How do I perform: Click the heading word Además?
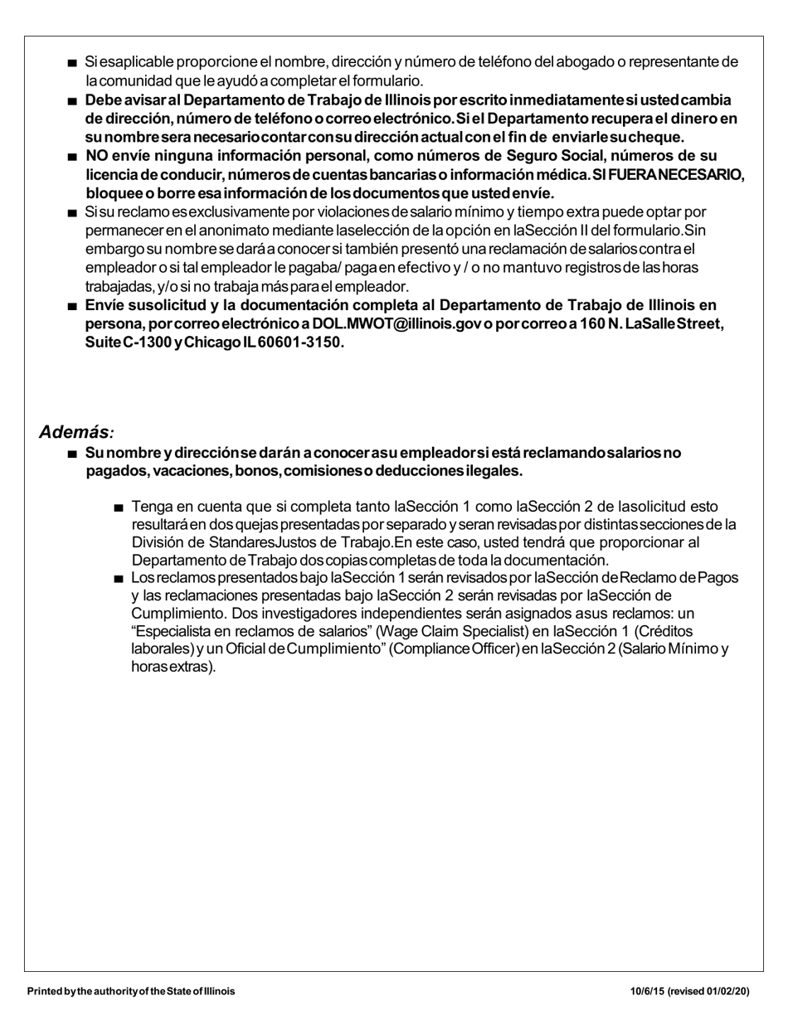[x=73, y=432]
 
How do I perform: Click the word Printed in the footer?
[x=45, y=991]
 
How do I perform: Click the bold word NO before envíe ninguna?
[x=96, y=156]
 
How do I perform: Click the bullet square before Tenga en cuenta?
[x=119, y=508]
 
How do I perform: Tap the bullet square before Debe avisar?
[x=73, y=101]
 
